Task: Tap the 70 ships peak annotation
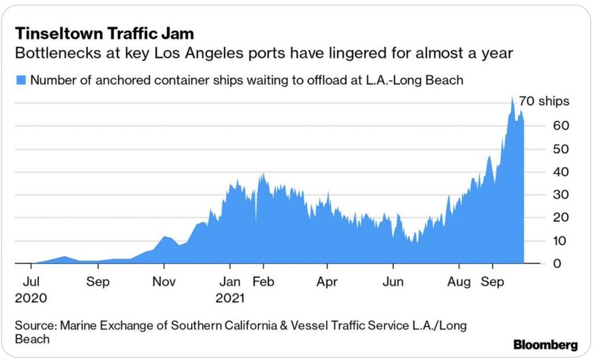[544, 101]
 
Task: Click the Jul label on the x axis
[32, 284]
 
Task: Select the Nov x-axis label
[164, 284]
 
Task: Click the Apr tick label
[327, 284]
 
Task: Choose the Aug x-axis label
[459, 284]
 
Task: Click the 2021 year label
[230, 299]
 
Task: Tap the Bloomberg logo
[546, 345]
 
